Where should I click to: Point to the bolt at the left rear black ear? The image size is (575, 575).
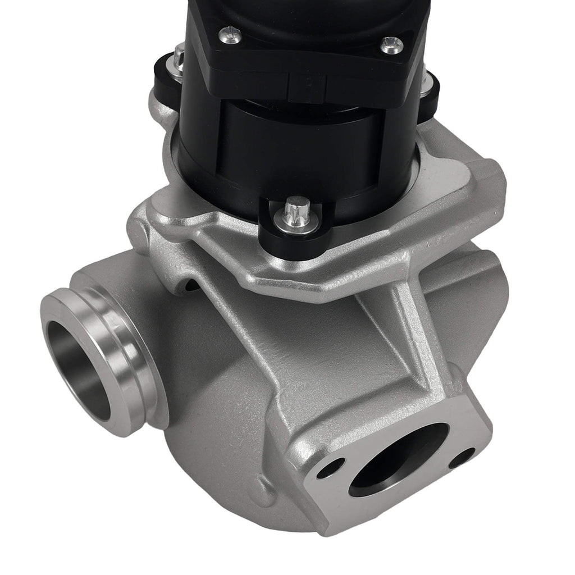tap(179, 57)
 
